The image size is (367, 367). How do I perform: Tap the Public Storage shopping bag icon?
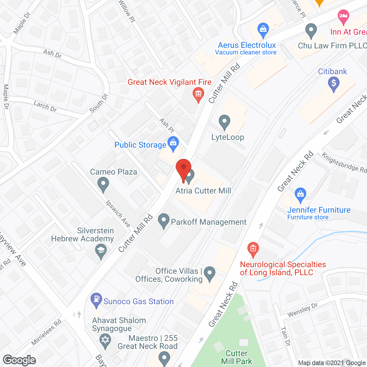coord(173,143)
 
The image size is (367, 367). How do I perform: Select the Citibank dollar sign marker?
coord(333,84)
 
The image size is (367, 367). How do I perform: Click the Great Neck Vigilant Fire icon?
coord(198,94)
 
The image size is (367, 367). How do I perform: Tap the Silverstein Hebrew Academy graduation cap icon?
coord(101,250)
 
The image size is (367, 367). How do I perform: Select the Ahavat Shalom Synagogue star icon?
coord(106,341)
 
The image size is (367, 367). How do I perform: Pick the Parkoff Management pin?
coord(164,221)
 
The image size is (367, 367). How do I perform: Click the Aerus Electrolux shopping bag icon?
coord(263,30)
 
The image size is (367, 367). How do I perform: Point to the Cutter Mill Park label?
coord(237,357)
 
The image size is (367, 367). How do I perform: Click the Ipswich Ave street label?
coord(118,213)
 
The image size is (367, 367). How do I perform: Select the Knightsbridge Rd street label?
coord(344,163)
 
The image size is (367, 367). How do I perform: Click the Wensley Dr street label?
coord(302,310)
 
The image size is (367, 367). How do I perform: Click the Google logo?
coord(19,360)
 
